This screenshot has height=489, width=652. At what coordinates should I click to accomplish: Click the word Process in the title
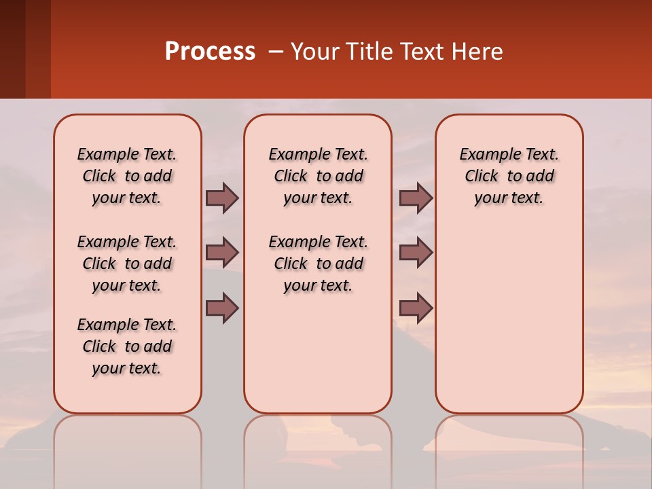point(209,52)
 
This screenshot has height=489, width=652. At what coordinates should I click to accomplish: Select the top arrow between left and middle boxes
point(222,198)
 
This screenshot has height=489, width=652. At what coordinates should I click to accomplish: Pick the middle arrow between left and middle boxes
point(222,253)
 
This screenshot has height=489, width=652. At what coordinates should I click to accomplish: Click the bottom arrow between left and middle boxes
point(222,308)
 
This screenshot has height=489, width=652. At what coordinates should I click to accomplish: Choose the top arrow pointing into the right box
point(416,198)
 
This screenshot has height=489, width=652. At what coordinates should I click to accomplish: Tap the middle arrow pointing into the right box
point(416,253)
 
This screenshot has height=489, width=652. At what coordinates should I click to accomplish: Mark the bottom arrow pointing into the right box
point(416,308)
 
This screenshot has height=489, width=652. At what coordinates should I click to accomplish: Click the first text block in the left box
point(127,176)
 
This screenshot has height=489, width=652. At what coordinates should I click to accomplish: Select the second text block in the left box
point(127,264)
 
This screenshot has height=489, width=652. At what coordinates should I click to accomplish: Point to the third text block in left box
point(127,346)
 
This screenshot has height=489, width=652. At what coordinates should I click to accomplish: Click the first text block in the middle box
point(318,176)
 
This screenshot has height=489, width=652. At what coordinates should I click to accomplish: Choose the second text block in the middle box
point(318,264)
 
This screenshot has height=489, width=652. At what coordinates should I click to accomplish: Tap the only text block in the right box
point(509,176)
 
